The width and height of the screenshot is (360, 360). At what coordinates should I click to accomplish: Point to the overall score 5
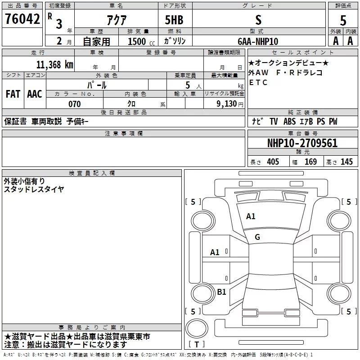coord(343,21)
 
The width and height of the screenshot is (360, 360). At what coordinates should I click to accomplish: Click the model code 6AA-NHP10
coord(258,41)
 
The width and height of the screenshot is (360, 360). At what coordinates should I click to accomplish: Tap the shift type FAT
coord(13,94)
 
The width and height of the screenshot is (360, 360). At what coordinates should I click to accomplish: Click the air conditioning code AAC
coord(35,94)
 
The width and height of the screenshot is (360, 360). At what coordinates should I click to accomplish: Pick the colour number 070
coord(74,104)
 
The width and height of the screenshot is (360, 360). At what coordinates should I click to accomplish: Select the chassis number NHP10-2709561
coord(302,143)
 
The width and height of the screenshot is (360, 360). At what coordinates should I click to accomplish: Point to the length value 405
coord(272,162)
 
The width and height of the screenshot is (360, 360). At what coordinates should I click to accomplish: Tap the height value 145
coord(346,162)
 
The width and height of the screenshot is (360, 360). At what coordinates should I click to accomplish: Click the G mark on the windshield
coord(257,237)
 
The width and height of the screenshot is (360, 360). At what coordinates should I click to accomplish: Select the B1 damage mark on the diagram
coord(221,292)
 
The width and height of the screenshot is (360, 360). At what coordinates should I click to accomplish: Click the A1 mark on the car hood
coord(251,216)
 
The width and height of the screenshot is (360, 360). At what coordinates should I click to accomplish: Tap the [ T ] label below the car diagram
coord(197,345)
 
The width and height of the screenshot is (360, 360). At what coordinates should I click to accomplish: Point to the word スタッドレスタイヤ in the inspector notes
coord(34,189)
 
